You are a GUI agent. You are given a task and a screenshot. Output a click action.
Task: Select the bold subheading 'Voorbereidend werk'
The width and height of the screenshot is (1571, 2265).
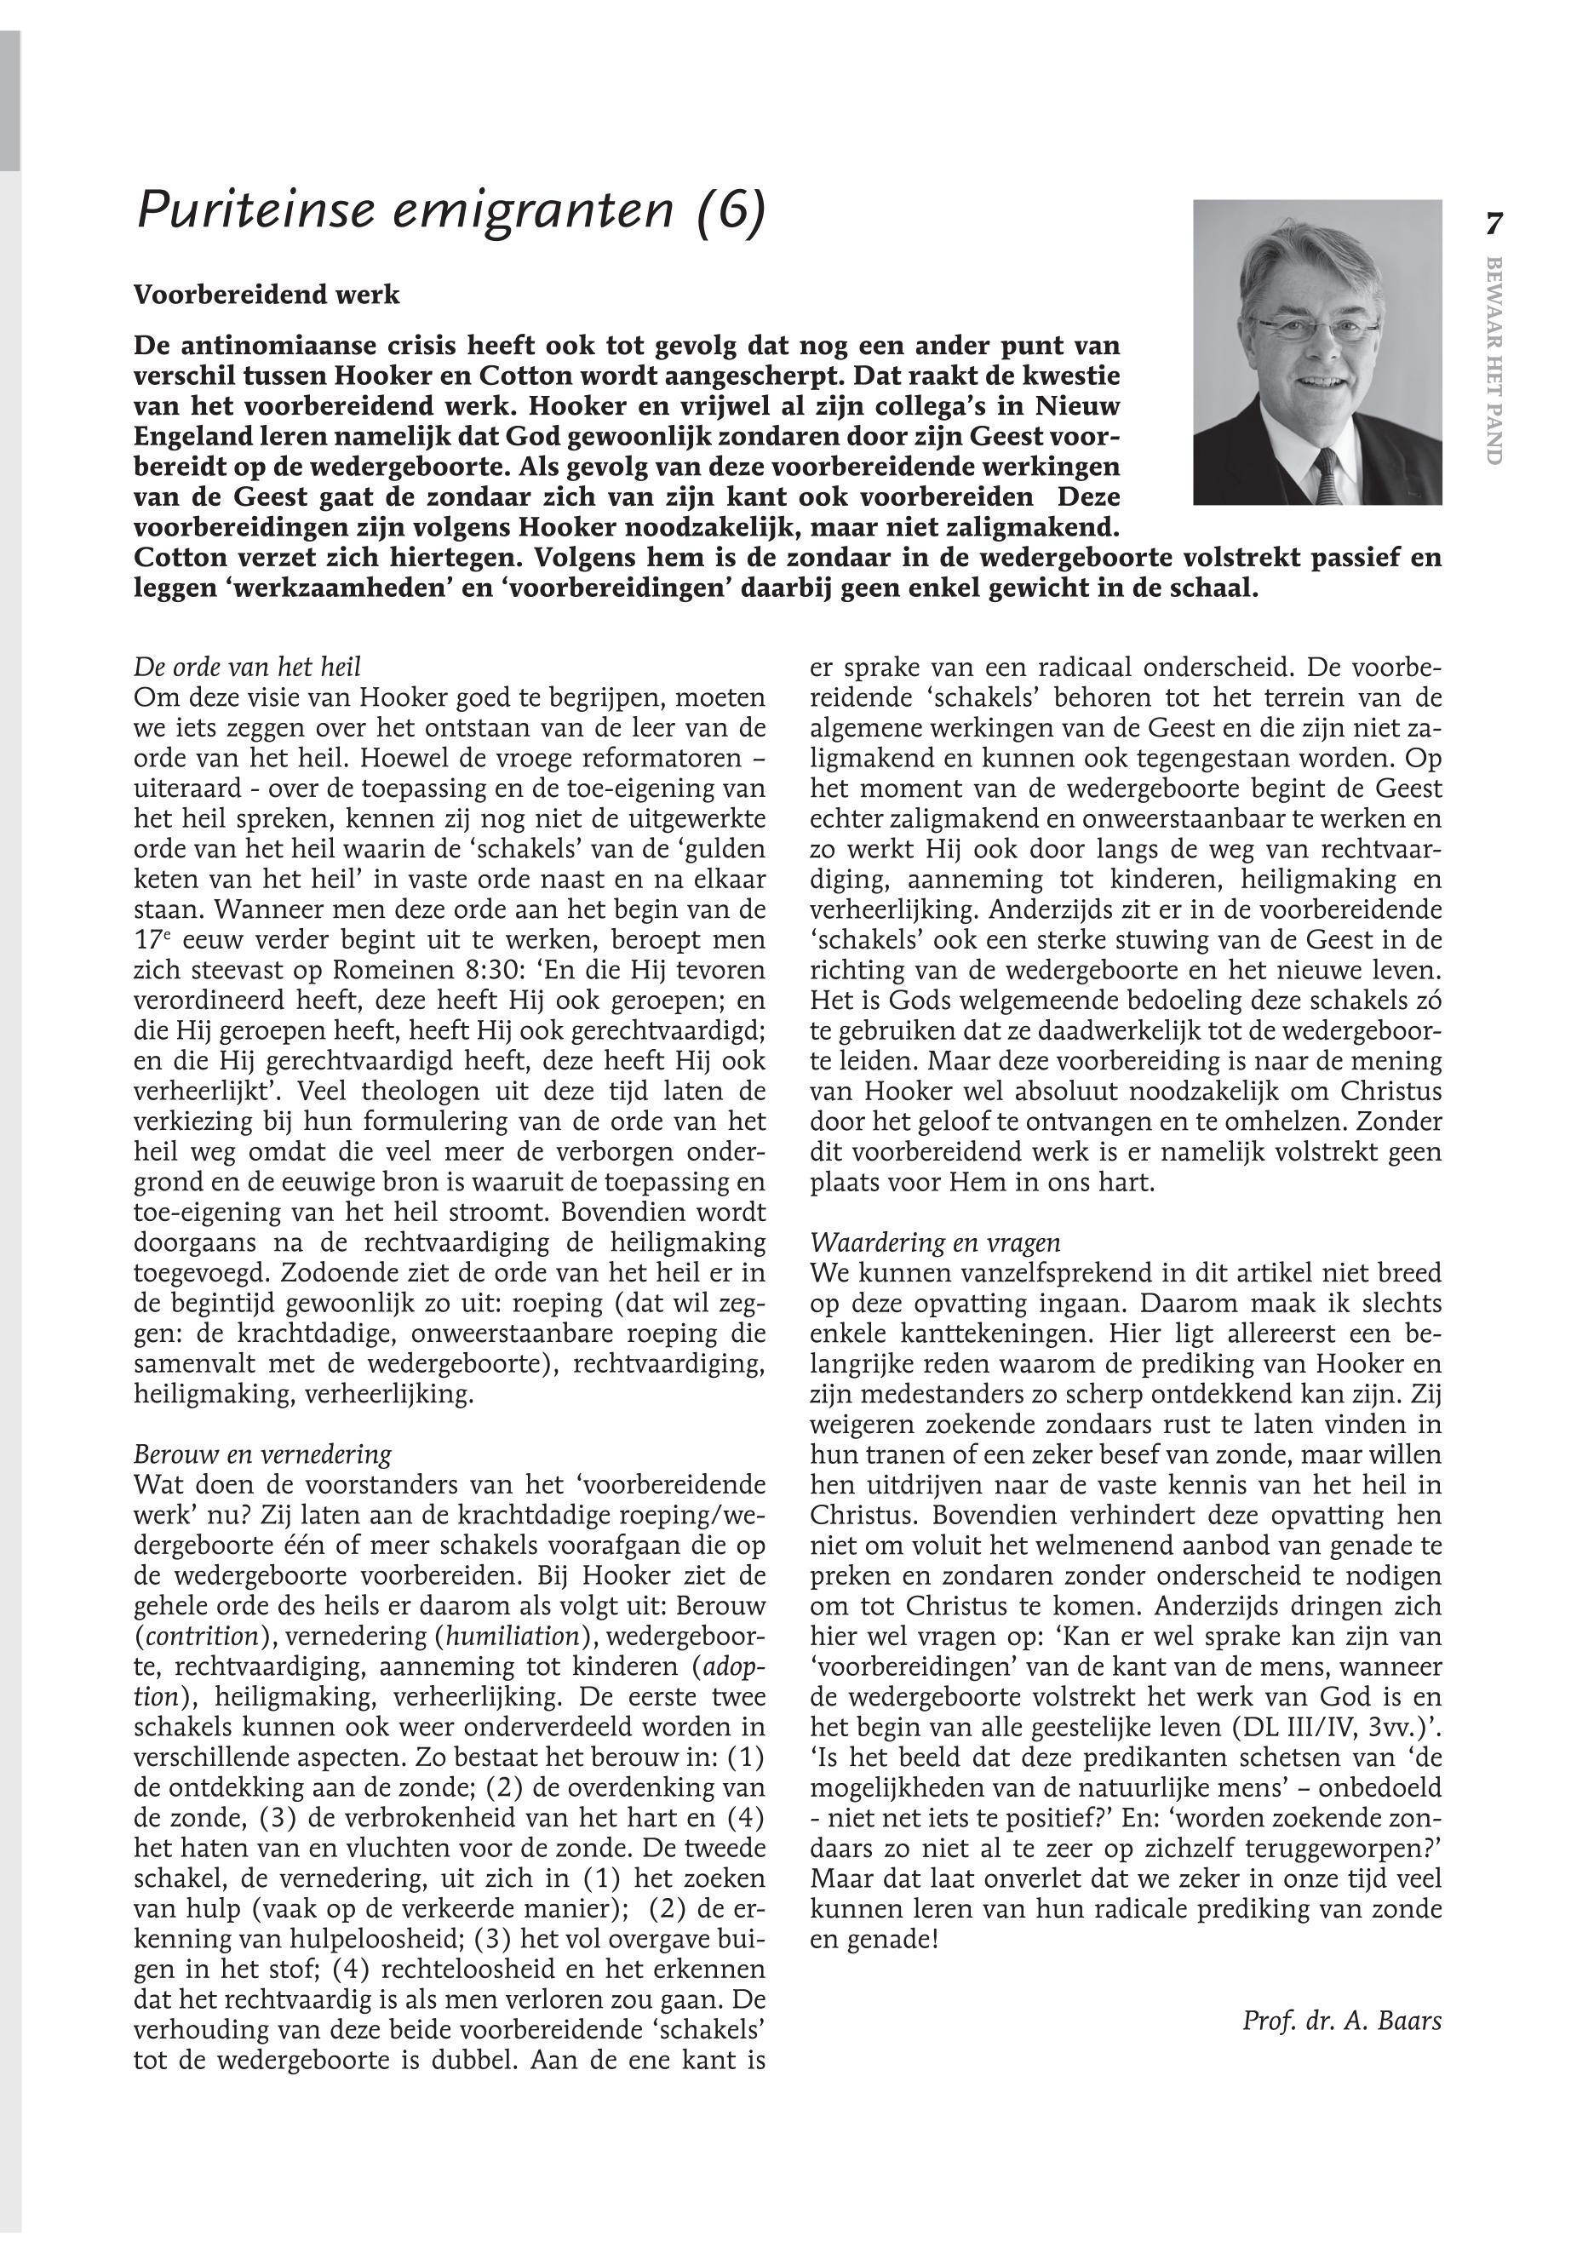pyautogui.click(x=267, y=295)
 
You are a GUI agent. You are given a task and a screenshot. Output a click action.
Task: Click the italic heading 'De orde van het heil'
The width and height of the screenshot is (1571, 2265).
pyautogui.click(x=247, y=667)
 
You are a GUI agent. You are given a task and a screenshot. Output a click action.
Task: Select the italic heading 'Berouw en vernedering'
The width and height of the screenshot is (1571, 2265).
pyautogui.click(x=262, y=1454)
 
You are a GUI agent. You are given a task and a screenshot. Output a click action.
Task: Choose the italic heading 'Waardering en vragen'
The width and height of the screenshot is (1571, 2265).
pyautogui.click(x=935, y=1242)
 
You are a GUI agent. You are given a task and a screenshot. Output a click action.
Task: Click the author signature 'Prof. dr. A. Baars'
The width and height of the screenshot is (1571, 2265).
pyautogui.click(x=1342, y=2021)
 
